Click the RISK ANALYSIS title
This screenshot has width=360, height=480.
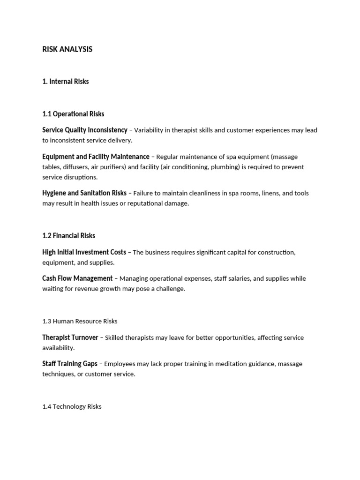click(67, 49)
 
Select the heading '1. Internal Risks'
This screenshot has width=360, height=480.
click(65, 82)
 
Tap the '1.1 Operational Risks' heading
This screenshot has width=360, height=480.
click(73, 114)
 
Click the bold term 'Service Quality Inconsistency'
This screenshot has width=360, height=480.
click(84, 130)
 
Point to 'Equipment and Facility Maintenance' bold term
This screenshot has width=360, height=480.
click(96, 157)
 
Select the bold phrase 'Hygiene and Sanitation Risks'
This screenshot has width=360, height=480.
click(84, 193)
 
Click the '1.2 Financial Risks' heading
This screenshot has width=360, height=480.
click(68, 236)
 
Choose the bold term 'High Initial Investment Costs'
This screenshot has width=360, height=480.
click(84, 252)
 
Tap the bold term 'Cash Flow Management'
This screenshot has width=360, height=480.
click(77, 278)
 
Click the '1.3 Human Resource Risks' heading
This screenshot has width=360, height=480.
click(80, 322)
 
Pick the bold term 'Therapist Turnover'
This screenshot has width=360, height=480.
click(70, 337)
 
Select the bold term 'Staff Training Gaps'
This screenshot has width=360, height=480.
click(70, 364)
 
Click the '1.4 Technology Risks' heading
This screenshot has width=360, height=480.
click(72, 407)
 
